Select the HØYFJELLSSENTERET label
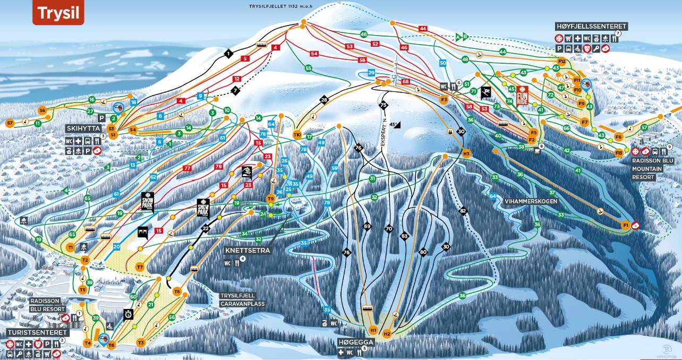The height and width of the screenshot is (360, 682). point(592,26)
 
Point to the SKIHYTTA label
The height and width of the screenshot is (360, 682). point(83,128)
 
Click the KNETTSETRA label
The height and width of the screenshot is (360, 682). point(248,250)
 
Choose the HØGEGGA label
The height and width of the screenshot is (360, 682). point(356,342)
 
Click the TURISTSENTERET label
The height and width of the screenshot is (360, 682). point(36,332)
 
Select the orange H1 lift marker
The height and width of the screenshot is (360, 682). point(373,331)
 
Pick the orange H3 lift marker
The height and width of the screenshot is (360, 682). point(466,153)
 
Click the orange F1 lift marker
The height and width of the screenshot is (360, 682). point(626,226)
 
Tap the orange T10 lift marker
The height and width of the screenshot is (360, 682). point(297,134)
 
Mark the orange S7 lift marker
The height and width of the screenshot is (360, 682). point(10,123)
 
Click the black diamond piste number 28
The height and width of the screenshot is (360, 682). point(324,100)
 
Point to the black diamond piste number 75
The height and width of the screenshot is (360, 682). point(383,106)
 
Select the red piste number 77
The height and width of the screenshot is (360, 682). point(187,168)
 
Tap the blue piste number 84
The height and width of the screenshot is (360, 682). point(493,196)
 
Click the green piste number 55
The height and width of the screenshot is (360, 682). point(308,68)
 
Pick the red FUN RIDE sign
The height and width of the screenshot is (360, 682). point(522,95)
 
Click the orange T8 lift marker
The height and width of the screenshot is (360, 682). point(177,292)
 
